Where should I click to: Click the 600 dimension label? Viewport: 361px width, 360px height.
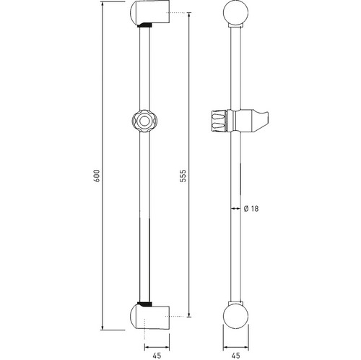point(97,176)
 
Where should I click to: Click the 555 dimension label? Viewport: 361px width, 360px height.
point(183,176)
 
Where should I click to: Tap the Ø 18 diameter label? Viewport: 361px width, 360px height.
point(251,208)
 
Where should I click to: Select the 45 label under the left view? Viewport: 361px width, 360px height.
point(157,356)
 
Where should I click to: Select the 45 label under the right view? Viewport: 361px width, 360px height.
point(235,356)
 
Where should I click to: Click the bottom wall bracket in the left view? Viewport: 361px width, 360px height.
point(149,317)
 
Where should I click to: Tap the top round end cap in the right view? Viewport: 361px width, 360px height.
point(235,12)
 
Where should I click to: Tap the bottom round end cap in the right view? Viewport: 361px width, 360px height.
point(235,317)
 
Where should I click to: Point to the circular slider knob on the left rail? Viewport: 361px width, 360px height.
point(144,121)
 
